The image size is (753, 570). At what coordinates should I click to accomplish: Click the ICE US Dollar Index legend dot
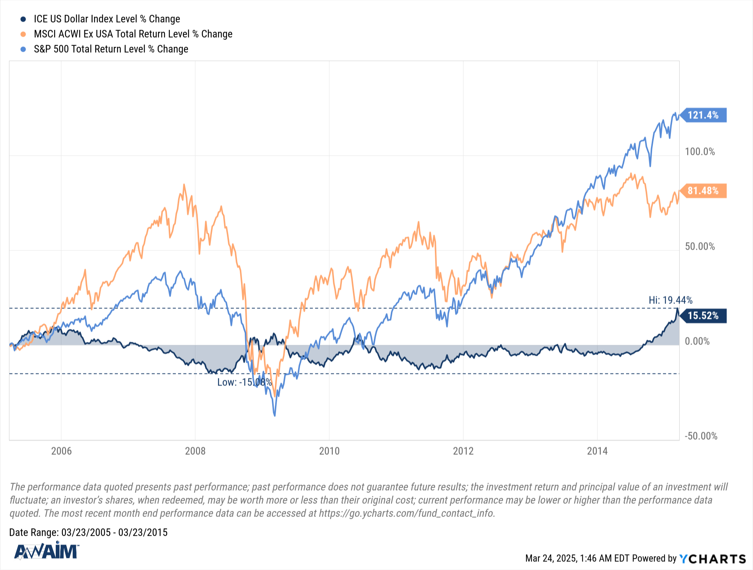(23, 19)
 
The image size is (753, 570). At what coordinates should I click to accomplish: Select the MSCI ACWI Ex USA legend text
(133, 34)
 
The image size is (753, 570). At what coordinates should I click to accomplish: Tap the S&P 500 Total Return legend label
(111, 49)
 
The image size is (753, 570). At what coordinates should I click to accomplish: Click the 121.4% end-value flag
(703, 115)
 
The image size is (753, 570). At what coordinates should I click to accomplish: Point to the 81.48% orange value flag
(703, 191)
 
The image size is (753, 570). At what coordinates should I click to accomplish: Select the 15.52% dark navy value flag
(703, 316)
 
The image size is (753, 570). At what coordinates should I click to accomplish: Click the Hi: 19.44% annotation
(670, 300)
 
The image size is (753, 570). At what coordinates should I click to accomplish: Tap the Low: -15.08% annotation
(244, 383)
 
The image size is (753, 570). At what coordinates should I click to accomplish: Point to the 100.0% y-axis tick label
(700, 152)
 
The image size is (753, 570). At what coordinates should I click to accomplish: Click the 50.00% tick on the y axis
(700, 247)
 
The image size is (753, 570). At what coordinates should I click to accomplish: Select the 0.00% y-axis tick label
(697, 342)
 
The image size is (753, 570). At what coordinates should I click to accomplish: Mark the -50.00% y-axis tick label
(701, 436)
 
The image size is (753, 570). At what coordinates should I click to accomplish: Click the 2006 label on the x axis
(61, 451)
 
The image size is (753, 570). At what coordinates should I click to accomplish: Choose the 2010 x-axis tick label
(329, 451)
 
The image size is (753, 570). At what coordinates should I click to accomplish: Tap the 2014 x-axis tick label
(597, 451)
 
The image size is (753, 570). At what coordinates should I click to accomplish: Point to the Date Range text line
(88, 533)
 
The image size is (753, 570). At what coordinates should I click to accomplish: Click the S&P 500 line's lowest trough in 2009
(274, 415)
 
